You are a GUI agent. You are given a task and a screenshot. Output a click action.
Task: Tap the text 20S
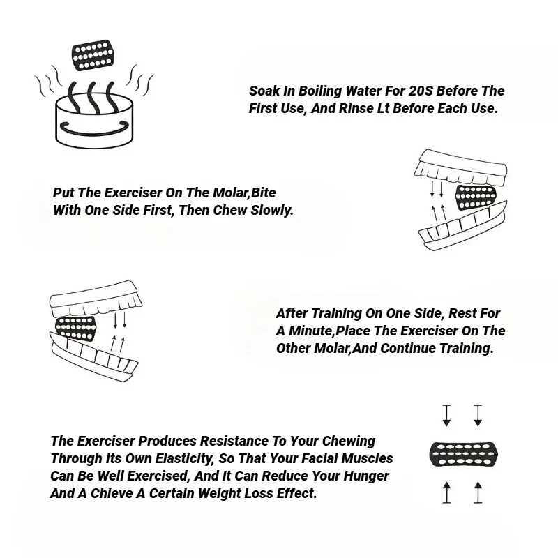421,91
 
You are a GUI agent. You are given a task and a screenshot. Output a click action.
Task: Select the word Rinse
357,109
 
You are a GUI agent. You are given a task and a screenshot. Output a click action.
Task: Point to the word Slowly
272,211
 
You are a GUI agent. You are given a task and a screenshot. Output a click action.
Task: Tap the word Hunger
366,476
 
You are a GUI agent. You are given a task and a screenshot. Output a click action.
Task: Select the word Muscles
368,459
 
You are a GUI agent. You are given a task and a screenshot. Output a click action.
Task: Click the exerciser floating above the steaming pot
93,55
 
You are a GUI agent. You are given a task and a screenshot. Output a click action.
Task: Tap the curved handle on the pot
94,129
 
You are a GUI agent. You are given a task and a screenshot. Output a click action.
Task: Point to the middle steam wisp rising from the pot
92,97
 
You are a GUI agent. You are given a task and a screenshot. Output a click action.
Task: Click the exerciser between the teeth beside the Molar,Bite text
476,197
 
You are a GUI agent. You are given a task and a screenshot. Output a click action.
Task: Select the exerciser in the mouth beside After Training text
76,329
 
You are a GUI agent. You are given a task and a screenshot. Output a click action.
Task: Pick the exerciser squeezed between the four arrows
464,454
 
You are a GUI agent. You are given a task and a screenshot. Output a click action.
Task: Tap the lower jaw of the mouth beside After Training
94,356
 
